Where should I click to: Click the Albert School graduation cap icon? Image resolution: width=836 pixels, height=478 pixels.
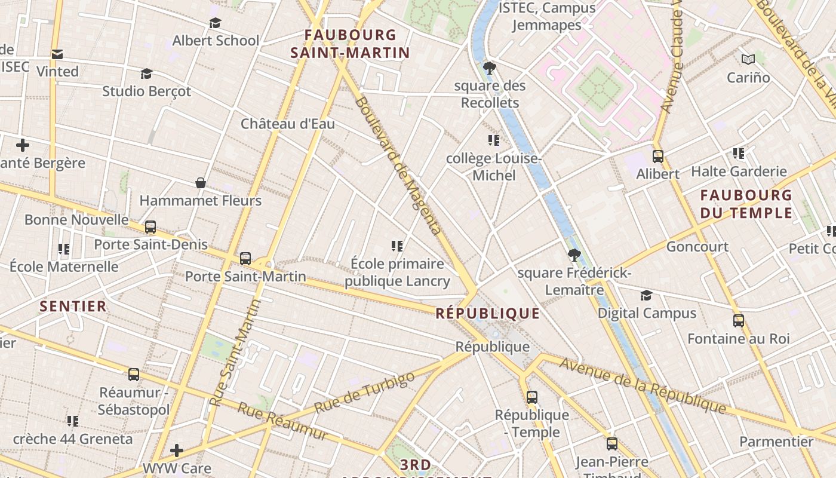[x=215, y=23]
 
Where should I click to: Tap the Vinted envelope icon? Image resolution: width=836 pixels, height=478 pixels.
[x=57, y=54]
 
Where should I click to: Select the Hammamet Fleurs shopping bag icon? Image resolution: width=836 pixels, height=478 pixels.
[x=201, y=183]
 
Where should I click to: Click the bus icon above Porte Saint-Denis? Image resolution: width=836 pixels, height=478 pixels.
[x=150, y=227]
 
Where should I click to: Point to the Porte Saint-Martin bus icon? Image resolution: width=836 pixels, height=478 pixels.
[x=245, y=259]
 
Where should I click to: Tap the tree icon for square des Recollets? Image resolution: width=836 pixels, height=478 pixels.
[x=490, y=68]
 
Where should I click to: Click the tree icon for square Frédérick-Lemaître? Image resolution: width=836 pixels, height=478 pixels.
[x=574, y=256]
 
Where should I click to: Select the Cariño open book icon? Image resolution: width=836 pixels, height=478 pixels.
[x=748, y=59]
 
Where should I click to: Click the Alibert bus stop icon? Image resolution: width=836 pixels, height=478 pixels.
[x=658, y=157]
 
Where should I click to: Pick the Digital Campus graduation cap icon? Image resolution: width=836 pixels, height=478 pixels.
[x=646, y=296]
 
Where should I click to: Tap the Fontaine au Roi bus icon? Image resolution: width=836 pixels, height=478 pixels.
[x=739, y=321]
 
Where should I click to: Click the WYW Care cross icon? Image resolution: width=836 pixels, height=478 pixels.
[x=177, y=450]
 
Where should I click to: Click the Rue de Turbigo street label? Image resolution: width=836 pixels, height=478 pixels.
[x=364, y=393]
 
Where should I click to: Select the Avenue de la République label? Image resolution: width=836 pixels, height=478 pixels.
[x=643, y=385]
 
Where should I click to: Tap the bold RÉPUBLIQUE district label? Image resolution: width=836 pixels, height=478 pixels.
[x=488, y=314]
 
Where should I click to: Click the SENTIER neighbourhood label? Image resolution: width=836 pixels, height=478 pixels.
[x=73, y=307]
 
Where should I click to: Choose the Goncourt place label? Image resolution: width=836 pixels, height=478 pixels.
[x=697, y=247]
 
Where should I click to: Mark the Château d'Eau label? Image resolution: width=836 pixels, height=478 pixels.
[x=288, y=124]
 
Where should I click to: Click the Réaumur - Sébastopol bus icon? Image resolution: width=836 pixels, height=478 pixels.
[x=134, y=375]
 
